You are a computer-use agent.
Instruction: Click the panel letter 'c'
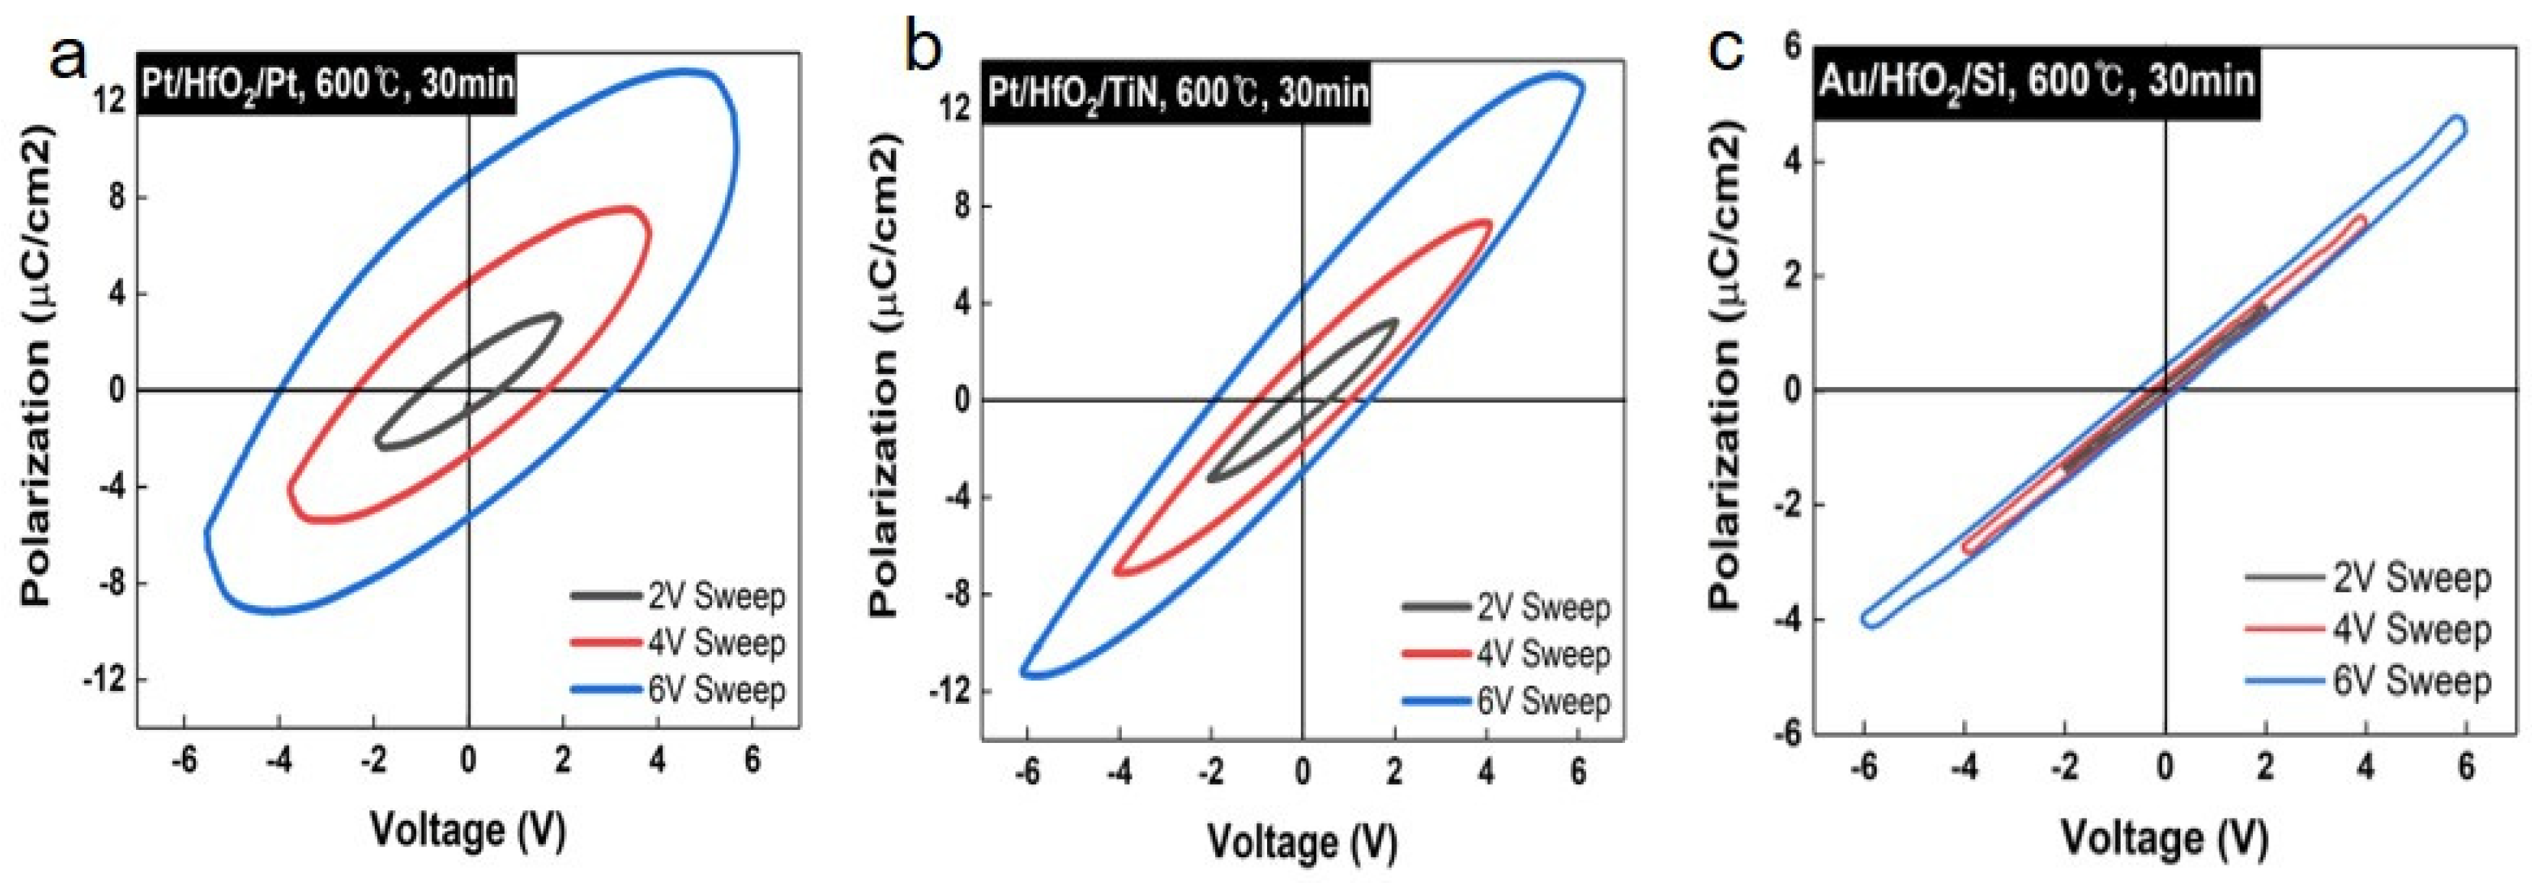point(1729,49)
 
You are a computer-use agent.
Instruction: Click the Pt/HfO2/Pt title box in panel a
point(328,83)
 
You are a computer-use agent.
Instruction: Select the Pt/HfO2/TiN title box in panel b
point(1177,93)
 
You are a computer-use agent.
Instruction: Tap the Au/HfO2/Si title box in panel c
point(2035,80)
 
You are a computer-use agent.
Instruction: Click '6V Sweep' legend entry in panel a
point(717,690)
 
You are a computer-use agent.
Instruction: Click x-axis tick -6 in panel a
point(183,762)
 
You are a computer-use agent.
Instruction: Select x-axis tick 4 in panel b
point(1485,773)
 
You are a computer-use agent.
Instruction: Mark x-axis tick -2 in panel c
point(2063,768)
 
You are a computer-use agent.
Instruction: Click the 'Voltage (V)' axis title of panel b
point(1302,841)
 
